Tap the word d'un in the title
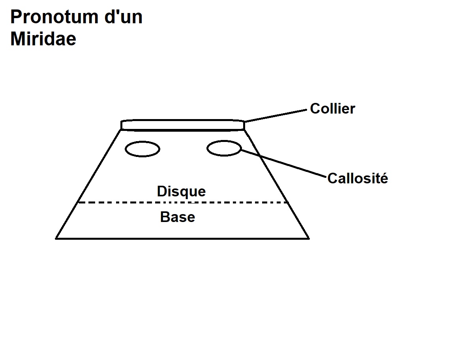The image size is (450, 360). (x=127, y=17)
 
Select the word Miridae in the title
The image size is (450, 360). (x=43, y=39)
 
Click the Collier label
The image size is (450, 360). (x=332, y=108)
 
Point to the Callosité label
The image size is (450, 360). (x=358, y=179)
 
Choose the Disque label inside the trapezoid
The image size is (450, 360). (x=181, y=192)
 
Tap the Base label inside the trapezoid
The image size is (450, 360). (x=178, y=217)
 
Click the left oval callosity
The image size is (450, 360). (x=142, y=149)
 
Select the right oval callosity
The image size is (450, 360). (x=224, y=148)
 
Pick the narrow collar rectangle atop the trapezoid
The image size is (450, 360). (x=182, y=125)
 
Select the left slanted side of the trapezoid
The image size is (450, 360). (x=88, y=183)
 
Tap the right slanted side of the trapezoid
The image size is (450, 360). (x=276, y=183)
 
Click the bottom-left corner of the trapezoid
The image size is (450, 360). (x=56, y=238)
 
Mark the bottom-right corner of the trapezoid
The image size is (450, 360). (x=308, y=238)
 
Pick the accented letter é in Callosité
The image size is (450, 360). (x=384, y=179)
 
